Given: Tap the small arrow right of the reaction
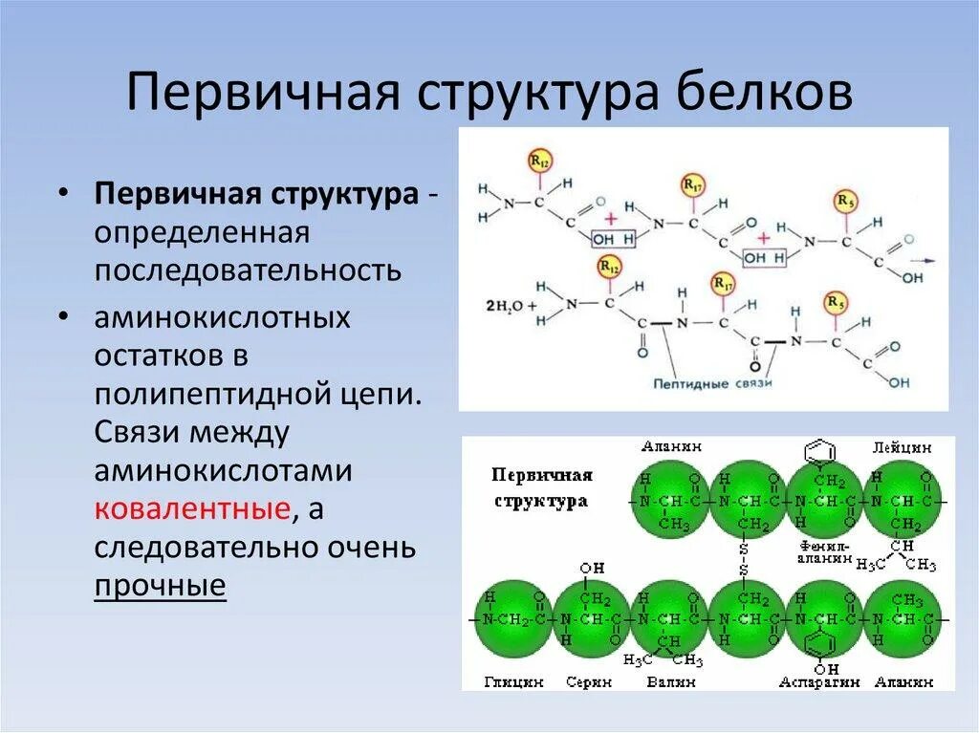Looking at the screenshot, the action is pos(923,260).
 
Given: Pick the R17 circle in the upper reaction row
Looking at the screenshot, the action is pos(690,183).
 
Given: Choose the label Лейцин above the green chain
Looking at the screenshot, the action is pos(896,446).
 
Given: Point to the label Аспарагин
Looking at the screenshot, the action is pos(820,681).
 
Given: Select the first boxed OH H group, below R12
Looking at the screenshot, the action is pos(612,238).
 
